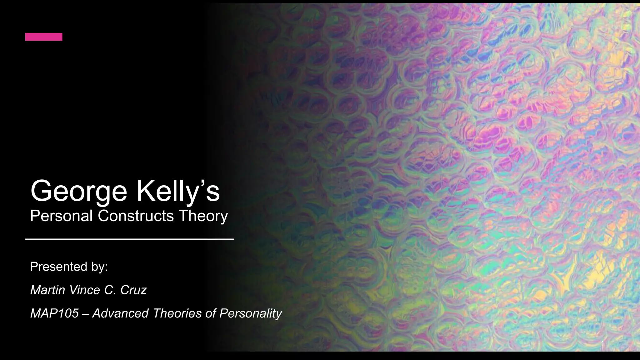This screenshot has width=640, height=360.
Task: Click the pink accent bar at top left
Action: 44,37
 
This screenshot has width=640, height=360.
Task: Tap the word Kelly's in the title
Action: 178,191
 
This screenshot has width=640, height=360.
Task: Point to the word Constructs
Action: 136,216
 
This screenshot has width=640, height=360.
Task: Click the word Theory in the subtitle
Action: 203,217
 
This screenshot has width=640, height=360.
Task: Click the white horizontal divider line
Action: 129,239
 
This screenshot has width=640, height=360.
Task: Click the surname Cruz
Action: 133,290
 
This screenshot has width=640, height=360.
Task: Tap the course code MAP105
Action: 54,313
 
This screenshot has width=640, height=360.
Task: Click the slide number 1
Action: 603,344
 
